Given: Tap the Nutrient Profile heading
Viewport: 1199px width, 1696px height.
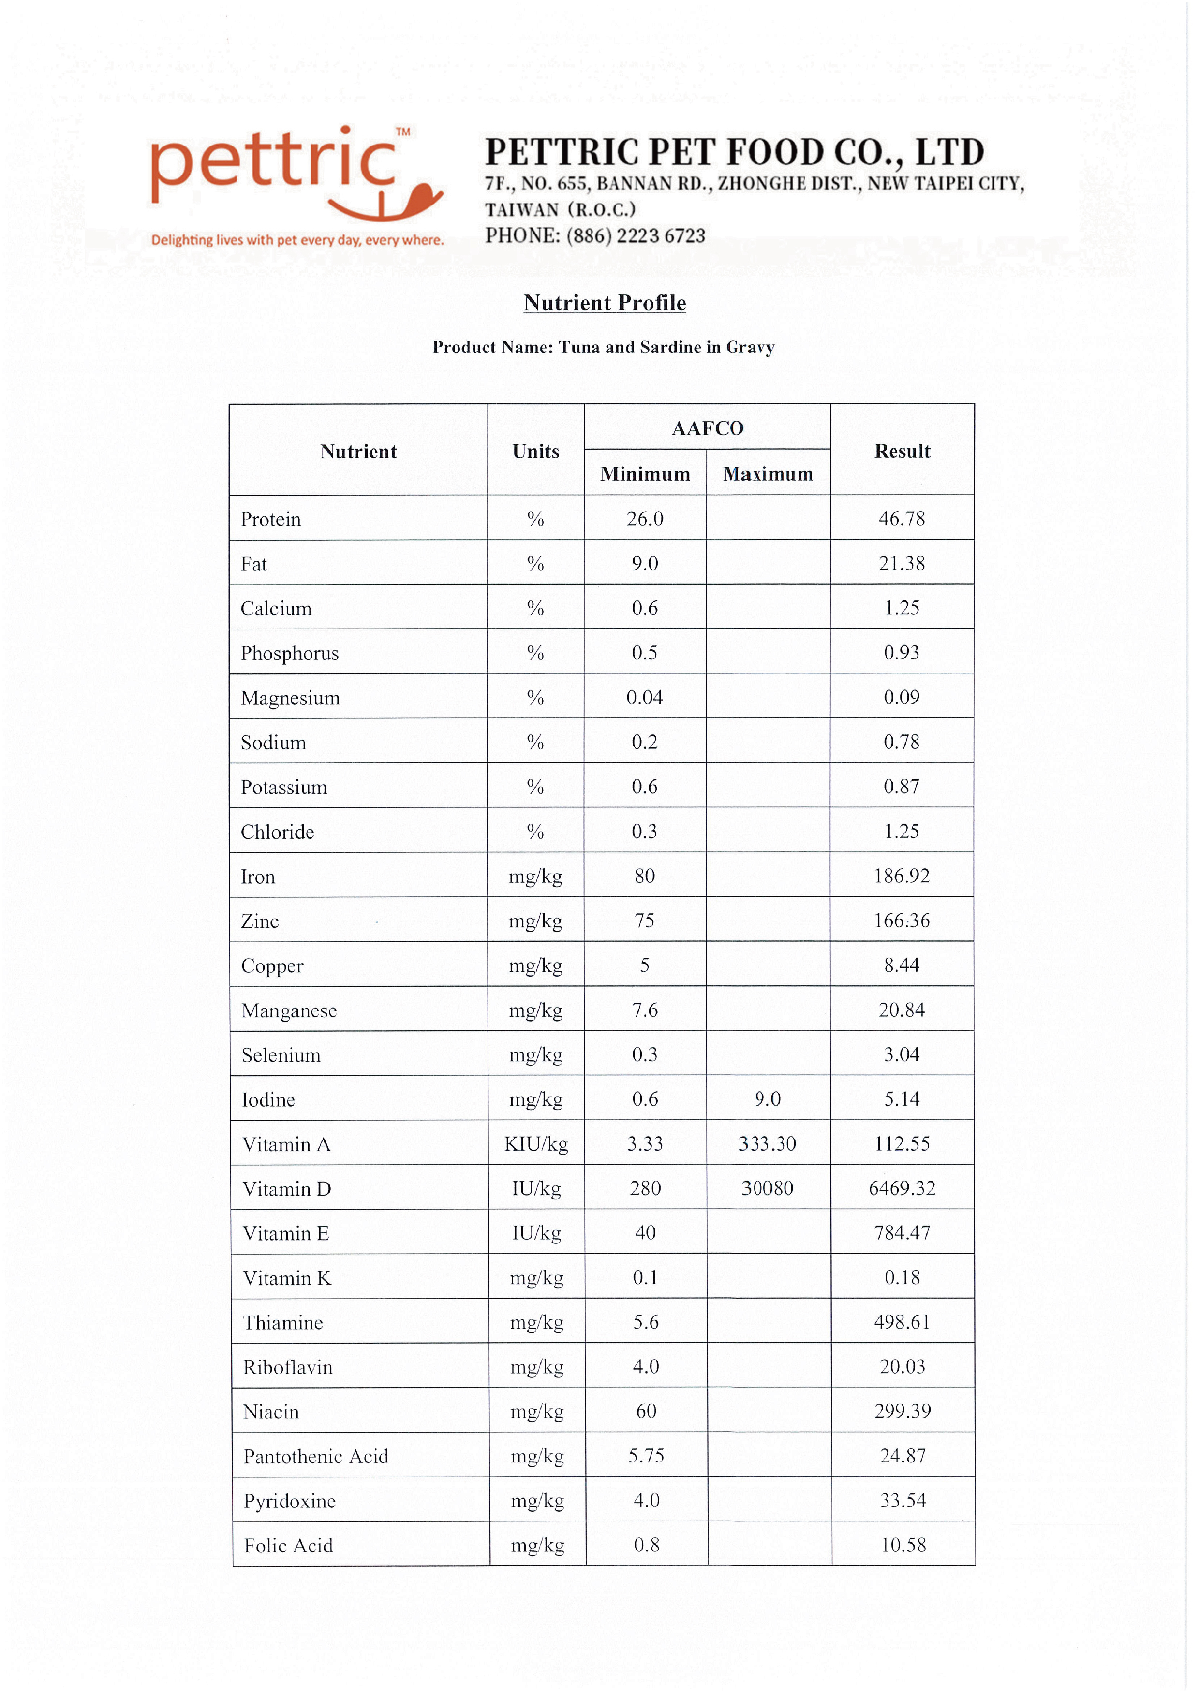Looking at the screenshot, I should coord(604,303).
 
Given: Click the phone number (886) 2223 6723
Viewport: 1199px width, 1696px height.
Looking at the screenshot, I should coord(636,235).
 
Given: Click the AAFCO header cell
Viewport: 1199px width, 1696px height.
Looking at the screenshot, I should coord(707,428).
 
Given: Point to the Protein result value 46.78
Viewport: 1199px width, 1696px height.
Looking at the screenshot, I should coord(901,519).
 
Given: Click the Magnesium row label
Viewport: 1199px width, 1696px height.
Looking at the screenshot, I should coord(290,698).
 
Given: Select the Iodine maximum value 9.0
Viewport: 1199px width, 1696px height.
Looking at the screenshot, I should coord(768,1099).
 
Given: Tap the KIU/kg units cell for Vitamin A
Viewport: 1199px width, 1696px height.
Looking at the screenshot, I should coord(535,1144).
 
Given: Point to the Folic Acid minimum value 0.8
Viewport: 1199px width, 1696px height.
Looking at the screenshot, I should coord(646,1545).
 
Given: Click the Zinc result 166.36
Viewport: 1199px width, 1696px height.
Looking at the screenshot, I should coord(901,921).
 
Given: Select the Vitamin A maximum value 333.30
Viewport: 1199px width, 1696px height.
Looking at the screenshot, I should coord(767,1144).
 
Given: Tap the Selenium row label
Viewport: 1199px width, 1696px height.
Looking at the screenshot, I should coord(281,1055).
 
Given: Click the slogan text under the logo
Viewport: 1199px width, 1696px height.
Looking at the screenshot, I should coord(297,240).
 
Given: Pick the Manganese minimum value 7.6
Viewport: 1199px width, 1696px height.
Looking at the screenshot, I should coord(645,1010).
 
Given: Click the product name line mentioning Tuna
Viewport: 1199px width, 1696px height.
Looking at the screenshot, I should coord(603,347).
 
